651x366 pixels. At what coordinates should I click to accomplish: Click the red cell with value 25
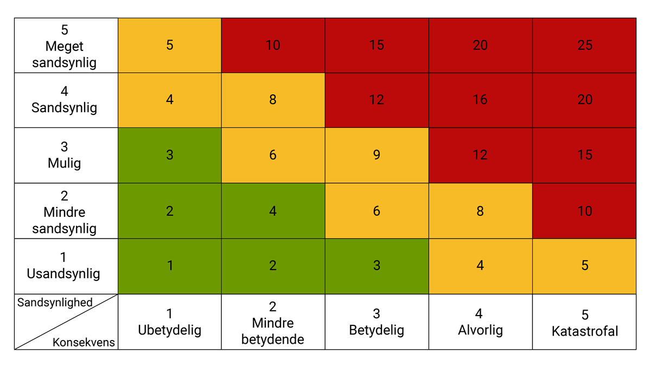pos(584,45)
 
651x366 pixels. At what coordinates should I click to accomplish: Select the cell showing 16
pos(480,100)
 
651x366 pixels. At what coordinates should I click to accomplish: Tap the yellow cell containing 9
pos(376,155)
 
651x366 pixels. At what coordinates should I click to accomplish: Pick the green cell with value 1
pos(170,266)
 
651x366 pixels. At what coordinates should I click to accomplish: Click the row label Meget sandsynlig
pos(65,46)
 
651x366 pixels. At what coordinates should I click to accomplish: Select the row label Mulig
pos(65,155)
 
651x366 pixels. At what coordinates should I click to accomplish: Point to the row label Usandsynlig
pos(65,266)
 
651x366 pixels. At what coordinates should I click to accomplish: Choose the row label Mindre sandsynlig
pos(65,212)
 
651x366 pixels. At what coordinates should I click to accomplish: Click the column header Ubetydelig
pos(170,322)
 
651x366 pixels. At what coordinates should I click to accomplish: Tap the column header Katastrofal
pos(584,323)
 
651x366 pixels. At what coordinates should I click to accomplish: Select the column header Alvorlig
pos(480,322)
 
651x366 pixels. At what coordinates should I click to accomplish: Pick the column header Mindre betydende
pos(273,323)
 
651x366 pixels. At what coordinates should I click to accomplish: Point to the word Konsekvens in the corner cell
pos(84,342)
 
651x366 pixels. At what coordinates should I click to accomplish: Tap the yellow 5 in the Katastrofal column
pos(584,266)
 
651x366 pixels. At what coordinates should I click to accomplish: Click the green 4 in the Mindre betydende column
pos(273,211)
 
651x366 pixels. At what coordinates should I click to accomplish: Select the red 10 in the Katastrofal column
pos(584,211)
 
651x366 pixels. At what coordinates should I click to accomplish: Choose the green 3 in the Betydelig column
pos(376,266)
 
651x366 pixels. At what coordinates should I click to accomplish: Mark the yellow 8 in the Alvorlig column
pos(480,211)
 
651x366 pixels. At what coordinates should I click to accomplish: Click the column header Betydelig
pos(376,322)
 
